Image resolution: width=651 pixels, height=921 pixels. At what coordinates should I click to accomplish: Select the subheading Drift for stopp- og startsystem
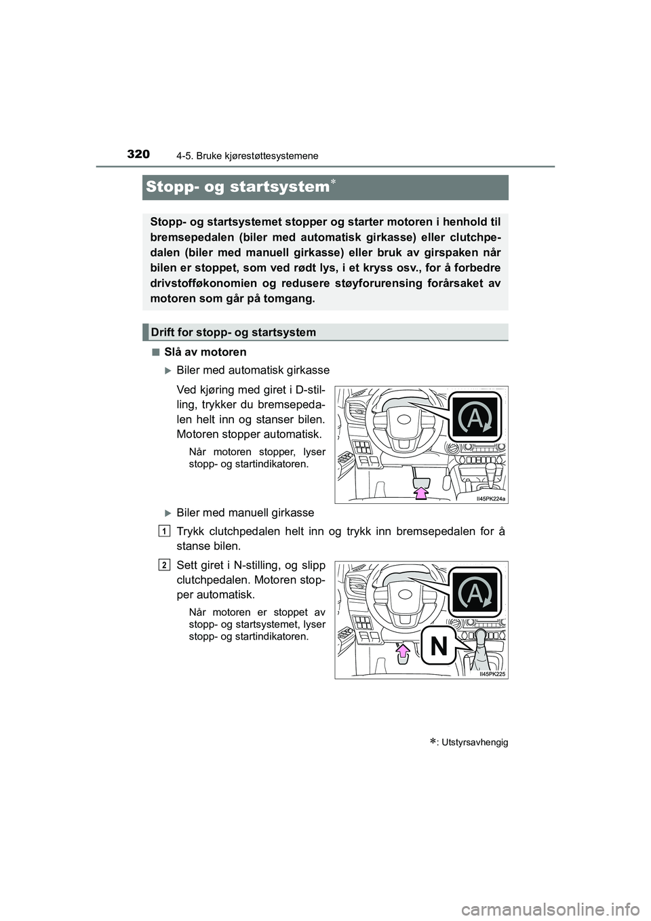233,332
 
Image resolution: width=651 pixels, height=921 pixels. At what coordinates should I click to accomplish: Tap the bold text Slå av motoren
205,352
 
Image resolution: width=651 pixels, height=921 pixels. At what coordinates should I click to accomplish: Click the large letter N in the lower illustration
439,646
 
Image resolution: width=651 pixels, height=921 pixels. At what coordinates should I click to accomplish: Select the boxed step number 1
165,530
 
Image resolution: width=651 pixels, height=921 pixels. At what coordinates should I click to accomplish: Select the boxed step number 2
165,565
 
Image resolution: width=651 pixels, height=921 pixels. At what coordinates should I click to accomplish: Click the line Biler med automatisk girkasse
252,370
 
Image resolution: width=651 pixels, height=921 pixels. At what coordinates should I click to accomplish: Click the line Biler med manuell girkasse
245,513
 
